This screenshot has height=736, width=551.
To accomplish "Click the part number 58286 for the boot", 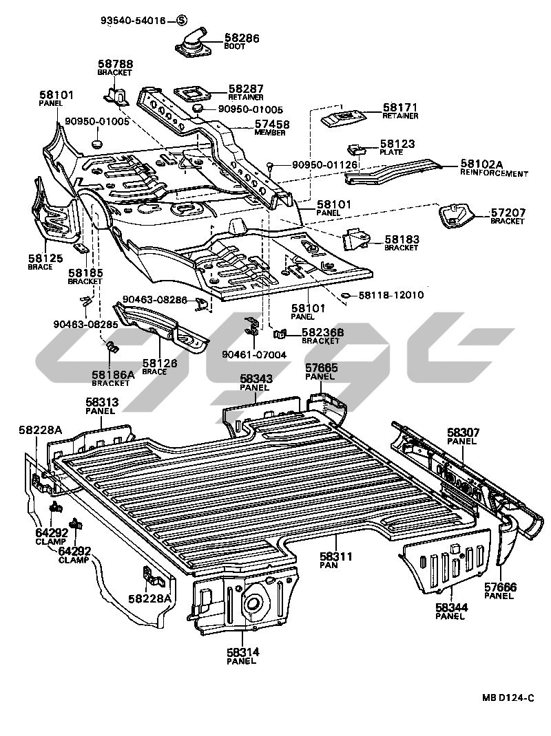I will (242, 39).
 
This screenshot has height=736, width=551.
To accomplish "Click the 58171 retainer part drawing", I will (342, 118).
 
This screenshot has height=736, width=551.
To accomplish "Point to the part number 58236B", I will (322, 332).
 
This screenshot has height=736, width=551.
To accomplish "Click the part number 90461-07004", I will (253, 354).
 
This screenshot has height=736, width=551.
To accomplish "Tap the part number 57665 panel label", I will (322, 369).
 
